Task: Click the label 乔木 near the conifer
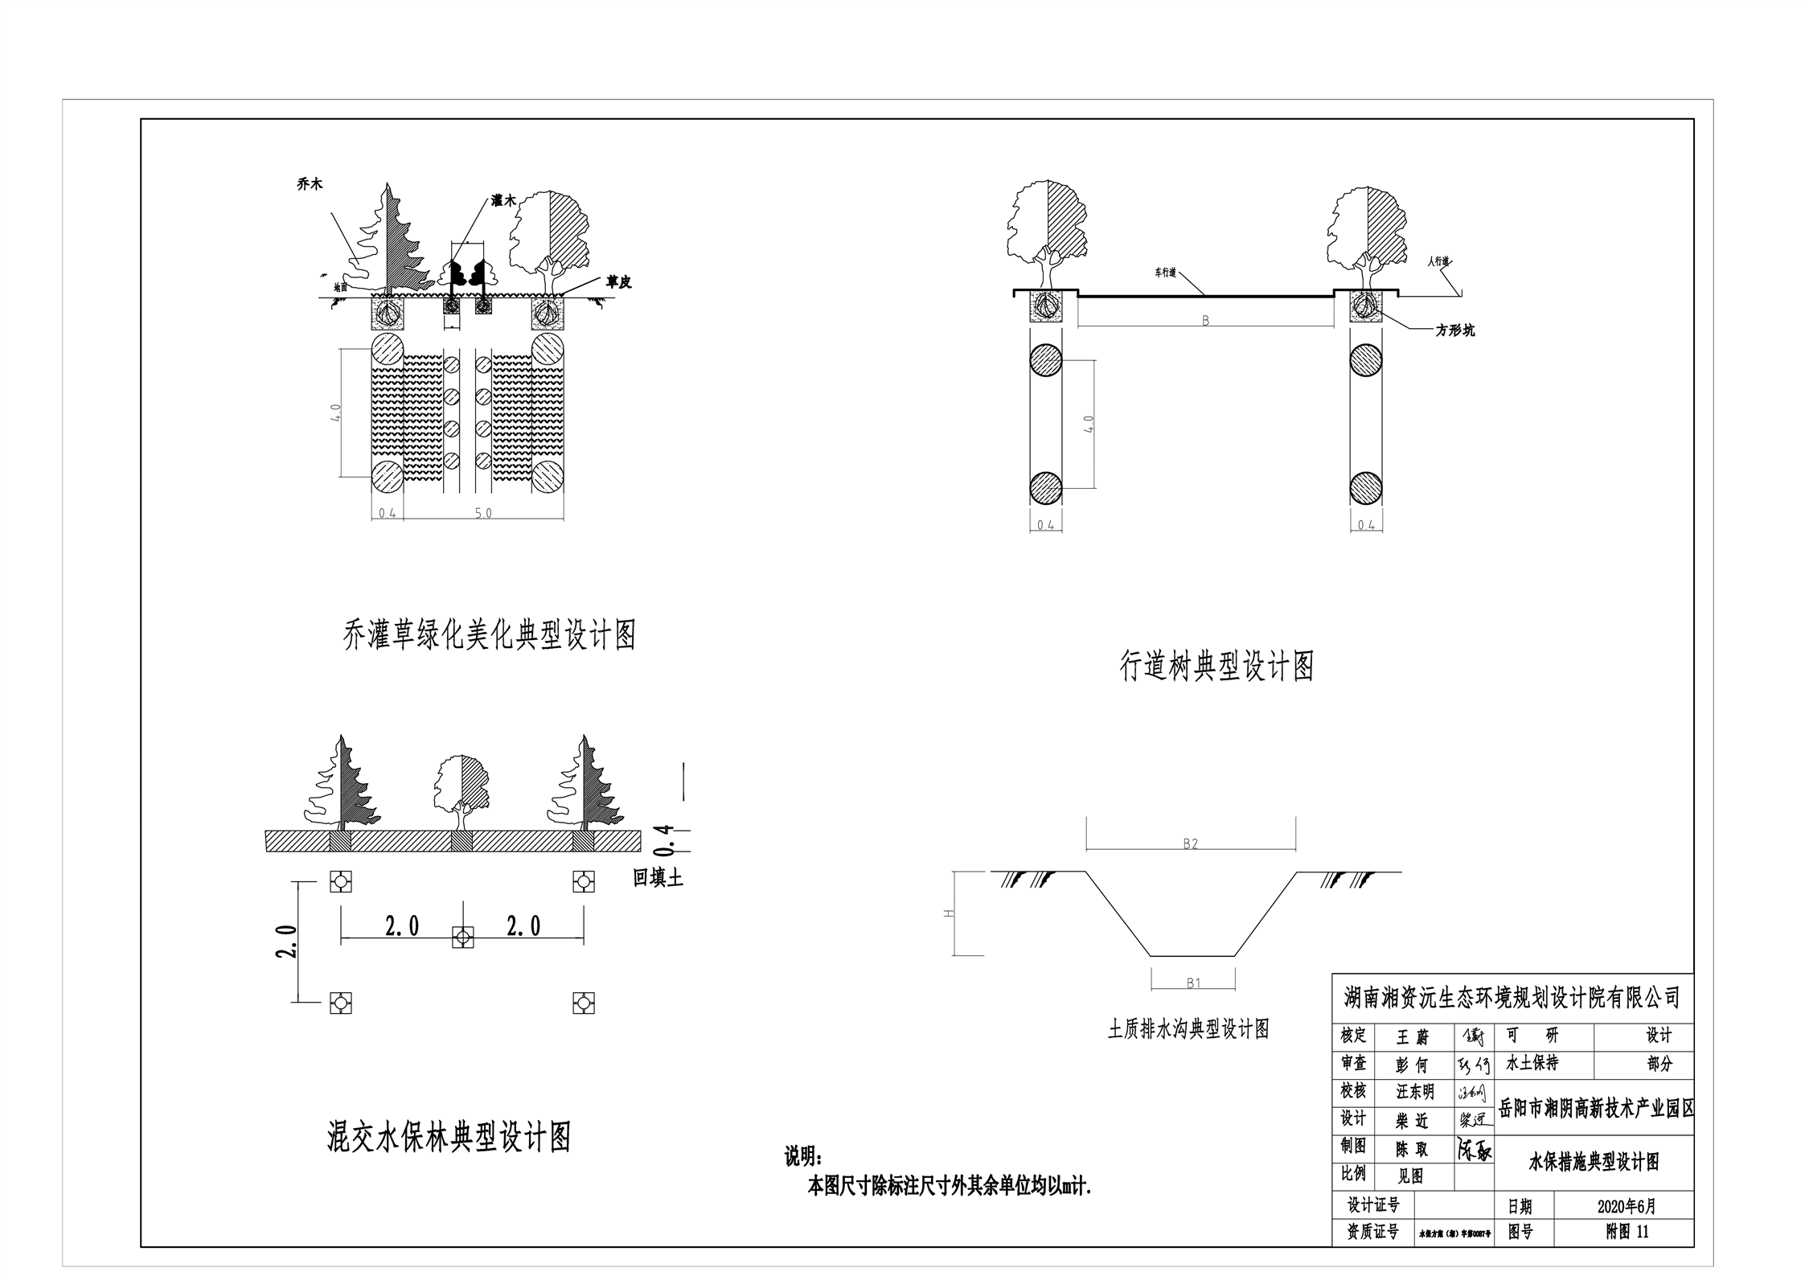[x=310, y=184]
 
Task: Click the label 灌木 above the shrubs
[x=504, y=201]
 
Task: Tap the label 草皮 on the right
[x=618, y=282]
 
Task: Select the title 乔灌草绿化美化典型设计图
[x=490, y=635]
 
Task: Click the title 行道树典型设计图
[x=1216, y=666]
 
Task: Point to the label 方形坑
[x=1455, y=330]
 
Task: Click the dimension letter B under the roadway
[x=1205, y=321]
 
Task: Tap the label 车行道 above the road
[x=1166, y=273]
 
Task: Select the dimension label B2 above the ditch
[x=1191, y=843]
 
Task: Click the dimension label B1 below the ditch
[x=1193, y=983]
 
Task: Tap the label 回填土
[x=658, y=878]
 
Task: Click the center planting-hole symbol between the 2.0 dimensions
[x=462, y=938]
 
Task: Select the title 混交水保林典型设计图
[x=449, y=1138]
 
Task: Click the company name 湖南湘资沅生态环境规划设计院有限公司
[x=1512, y=998]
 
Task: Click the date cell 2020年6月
[x=1626, y=1206]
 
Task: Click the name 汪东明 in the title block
[x=1414, y=1092]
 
